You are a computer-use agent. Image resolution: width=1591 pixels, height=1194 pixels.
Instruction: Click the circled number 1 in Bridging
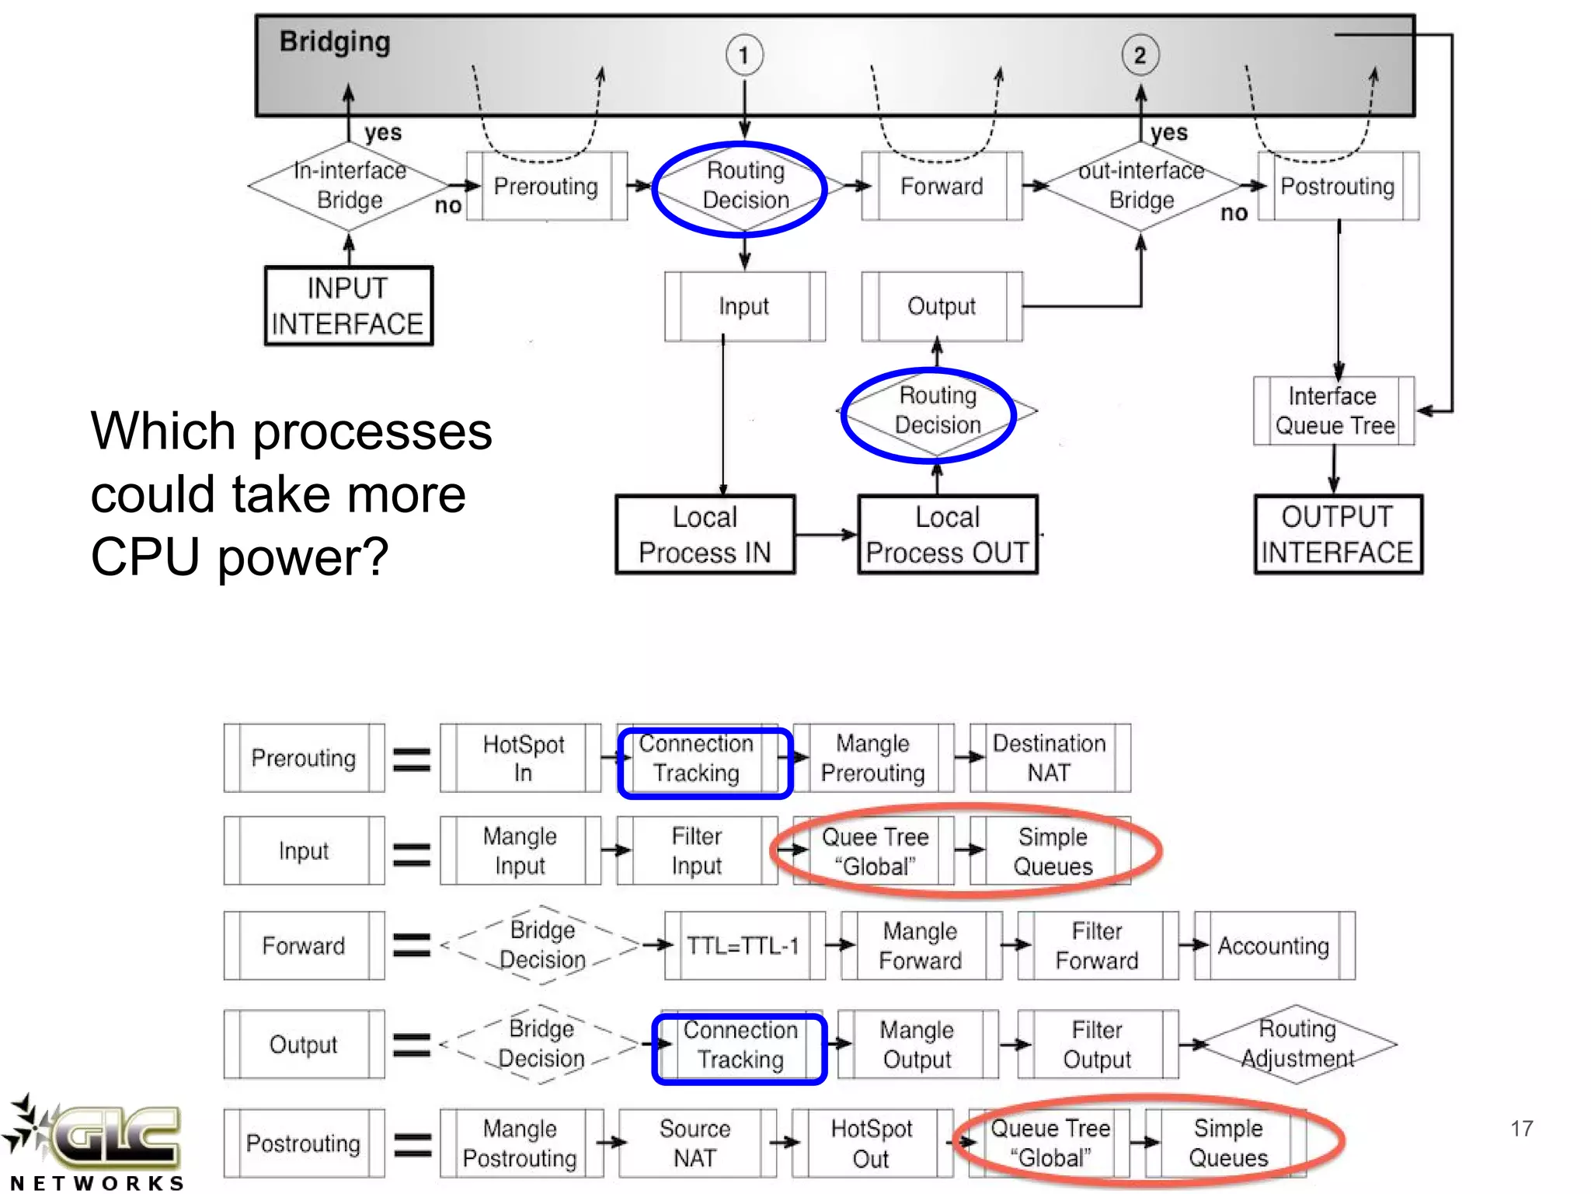coord(744,55)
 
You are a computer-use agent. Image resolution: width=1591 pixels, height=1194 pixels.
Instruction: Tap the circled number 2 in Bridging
coord(1140,55)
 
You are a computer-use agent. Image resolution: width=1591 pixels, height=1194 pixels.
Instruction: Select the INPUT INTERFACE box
coord(349,305)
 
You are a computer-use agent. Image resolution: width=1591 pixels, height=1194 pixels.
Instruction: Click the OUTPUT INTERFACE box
coord(1338,534)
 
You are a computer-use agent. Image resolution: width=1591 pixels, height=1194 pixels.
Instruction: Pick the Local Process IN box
coord(705,534)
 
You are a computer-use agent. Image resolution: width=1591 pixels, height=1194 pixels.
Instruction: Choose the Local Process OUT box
coord(947,534)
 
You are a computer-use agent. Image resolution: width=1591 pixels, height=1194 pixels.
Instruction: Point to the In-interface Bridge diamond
coord(349,186)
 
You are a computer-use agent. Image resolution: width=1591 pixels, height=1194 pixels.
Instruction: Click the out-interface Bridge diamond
coord(1141,186)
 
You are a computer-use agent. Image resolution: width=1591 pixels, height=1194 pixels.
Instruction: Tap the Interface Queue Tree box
coord(1334,410)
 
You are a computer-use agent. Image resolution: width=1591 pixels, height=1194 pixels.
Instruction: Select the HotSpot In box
coord(520,758)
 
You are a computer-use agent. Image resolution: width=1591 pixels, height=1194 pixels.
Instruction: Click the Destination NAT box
coord(1050,758)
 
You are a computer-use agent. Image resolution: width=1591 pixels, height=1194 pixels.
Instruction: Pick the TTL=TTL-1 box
coord(744,945)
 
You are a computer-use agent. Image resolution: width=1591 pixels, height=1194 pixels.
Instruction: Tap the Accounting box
coord(1275,945)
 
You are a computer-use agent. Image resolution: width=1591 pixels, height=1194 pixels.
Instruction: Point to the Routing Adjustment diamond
coord(1297,1044)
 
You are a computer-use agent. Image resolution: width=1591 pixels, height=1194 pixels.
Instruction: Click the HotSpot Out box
coord(872,1143)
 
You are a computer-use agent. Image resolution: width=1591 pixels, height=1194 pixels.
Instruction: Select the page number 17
coord(1522,1128)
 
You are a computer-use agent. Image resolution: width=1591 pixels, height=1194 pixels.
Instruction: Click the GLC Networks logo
coord(95,1143)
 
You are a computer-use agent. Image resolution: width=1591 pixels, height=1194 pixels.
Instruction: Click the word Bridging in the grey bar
coord(335,42)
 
